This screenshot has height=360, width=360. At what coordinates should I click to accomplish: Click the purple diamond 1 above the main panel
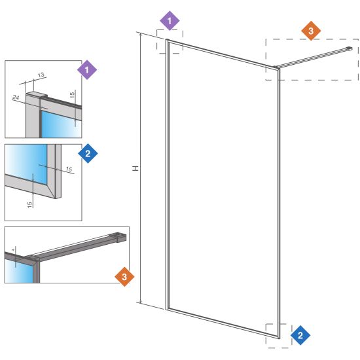(x=170, y=21)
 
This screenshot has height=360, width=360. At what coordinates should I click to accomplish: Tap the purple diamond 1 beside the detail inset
(x=87, y=70)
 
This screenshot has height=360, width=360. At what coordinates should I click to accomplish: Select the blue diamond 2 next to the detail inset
(x=88, y=153)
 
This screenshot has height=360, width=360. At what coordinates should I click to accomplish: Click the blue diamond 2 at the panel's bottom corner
(x=300, y=335)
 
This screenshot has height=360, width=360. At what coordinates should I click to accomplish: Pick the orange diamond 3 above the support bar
(x=311, y=31)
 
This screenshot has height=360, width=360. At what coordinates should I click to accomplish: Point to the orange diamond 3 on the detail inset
(x=124, y=277)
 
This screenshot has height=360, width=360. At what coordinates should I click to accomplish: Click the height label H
(x=135, y=168)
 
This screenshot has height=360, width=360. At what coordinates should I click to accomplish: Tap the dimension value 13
(x=41, y=75)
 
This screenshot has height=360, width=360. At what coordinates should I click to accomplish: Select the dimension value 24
(x=16, y=98)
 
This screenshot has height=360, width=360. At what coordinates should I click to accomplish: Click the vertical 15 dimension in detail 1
(x=72, y=95)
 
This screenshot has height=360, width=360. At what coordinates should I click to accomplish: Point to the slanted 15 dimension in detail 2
(x=69, y=170)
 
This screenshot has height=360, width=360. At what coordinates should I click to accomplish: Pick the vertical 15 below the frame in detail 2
(x=29, y=205)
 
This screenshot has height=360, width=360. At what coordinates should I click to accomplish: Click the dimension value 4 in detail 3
(x=13, y=250)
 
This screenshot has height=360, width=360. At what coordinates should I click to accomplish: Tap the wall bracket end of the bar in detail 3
(x=122, y=238)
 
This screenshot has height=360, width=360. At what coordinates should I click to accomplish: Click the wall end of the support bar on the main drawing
(x=349, y=48)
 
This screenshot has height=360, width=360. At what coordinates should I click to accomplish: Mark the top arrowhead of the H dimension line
(x=141, y=34)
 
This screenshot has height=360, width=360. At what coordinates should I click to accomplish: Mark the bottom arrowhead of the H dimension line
(x=141, y=302)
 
